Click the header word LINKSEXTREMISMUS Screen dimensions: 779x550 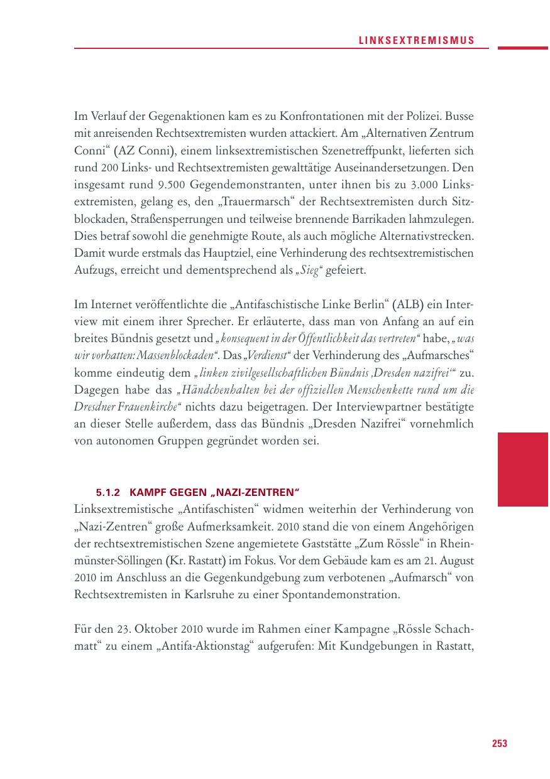point(416,41)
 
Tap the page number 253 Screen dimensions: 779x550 point(499,743)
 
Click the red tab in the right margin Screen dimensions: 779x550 point(523,469)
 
